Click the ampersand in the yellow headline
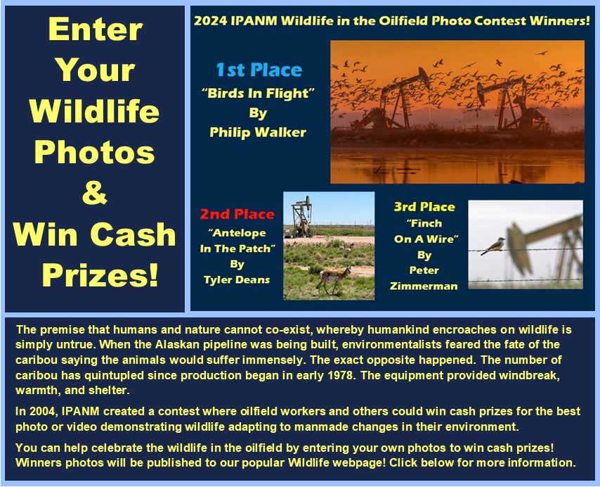pos(95,193)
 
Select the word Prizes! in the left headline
pos(100,274)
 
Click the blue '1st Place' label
pos(259,70)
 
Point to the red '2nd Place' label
pos(237,214)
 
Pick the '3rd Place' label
pos(424,207)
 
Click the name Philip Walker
pos(258,132)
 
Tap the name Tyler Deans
pos(237,279)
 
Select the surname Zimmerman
pos(424,286)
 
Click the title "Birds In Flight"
pos(259,93)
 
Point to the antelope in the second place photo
pos(334,279)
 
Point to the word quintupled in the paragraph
pos(114,375)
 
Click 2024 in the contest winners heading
pos(211,20)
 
